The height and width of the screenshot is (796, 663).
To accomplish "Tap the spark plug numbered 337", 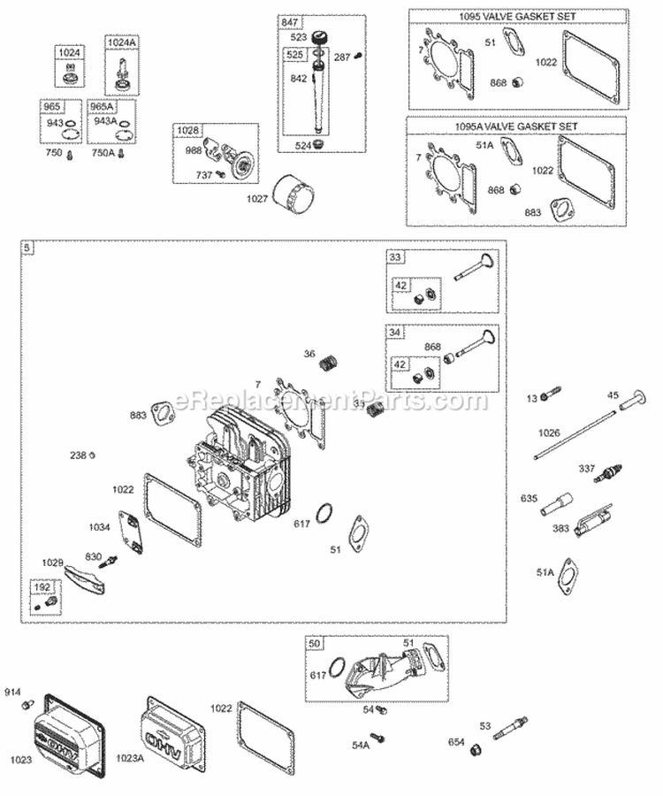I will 606,473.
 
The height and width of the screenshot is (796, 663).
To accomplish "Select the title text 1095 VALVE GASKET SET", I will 493,17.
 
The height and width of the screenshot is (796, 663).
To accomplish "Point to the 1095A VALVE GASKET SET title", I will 493,126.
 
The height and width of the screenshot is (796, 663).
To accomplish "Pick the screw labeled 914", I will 29,705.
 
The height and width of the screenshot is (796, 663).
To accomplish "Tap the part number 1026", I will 550,432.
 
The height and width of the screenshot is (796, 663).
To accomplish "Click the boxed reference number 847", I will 290,21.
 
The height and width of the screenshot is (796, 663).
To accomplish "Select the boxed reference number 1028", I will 187,131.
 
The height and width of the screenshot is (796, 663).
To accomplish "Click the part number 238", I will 79,455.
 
